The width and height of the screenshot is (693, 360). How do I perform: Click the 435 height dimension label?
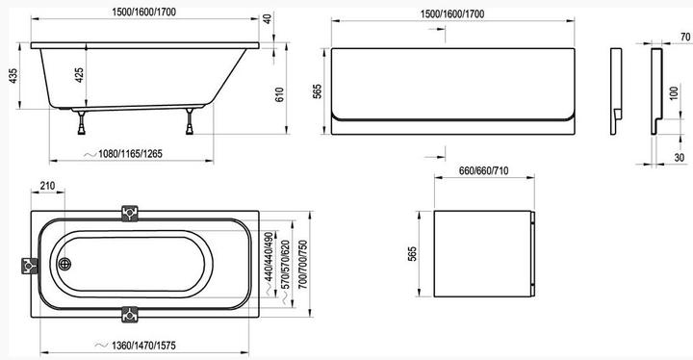click(x=13, y=76)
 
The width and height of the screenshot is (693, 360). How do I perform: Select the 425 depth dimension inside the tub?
click(x=79, y=76)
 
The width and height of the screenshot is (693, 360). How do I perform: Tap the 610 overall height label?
click(x=280, y=94)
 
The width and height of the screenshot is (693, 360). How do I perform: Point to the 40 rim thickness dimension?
click(x=268, y=18)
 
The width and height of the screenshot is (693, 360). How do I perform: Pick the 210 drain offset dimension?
click(x=47, y=186)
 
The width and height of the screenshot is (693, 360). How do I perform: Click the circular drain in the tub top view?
click(x=64, y=264)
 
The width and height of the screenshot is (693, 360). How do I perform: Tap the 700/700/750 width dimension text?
click(x=303, y=265)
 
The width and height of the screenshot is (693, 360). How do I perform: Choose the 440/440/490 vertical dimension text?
click(x=269, y=257)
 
